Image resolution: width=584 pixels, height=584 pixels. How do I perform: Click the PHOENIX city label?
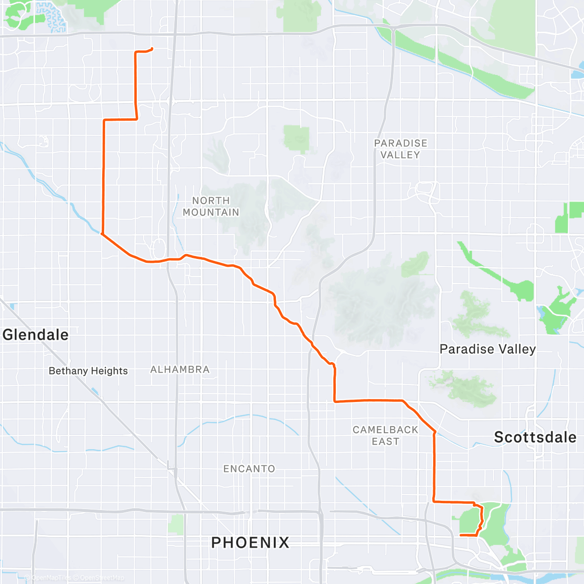tap(250, 542)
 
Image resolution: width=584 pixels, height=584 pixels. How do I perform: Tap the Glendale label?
tap(36, 335)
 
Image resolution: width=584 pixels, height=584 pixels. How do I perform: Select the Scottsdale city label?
tap(535, 437)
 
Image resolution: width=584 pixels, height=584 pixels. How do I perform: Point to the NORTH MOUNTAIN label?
tap(211, 206)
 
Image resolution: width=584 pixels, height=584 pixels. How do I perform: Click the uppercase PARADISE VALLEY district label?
tap(401, 149)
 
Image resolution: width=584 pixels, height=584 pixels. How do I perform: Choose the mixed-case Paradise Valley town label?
tap(488, 349)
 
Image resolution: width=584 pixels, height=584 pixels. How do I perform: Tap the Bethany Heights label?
tap(88, 371)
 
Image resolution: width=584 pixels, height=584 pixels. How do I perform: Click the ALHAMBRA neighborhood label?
tap(180, 369)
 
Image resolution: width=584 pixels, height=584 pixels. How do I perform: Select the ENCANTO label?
tap(249, 469)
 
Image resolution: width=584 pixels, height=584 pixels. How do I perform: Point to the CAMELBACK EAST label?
tap(385, 436)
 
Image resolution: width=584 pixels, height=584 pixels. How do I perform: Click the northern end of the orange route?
tap(152, 48)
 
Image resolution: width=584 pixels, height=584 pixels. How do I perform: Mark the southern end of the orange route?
tap(460, 535)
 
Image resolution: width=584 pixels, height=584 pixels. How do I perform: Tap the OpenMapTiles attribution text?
tap(51, 578)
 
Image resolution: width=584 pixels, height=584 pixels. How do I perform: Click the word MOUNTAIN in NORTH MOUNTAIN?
tap(211, 212)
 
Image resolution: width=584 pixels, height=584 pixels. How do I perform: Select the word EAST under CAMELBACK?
tap(385, 441)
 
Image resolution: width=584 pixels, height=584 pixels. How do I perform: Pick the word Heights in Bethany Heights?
tap(109, 371)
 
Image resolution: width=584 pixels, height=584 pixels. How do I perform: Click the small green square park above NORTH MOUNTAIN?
tap(296, 138)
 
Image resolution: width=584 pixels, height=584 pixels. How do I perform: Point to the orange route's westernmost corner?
tap(102, 234)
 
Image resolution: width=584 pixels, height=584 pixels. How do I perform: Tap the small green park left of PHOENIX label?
tap(176, 525)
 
